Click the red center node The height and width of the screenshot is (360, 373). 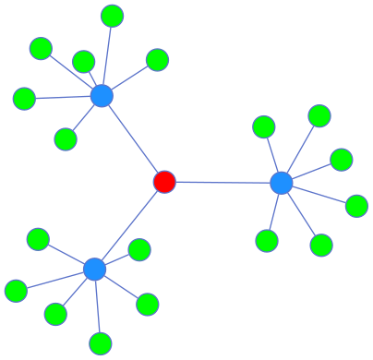click(x=164, y=181)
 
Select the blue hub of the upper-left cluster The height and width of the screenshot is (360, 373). click(x=102, y=95)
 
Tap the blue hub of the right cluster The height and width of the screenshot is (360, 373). click(x=282, y=183)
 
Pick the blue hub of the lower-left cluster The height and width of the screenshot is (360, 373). click(x=94, y=269)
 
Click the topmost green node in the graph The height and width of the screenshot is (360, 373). click(x=112, y=16)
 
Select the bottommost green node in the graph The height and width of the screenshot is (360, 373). click(x=101, y=344)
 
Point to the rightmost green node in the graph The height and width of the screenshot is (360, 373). click(x=356, y=206)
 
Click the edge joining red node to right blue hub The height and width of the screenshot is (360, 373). click(x=223, y=182)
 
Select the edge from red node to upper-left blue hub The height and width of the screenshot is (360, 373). click(x=133, y=138)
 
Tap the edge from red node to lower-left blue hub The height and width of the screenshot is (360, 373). click(x=129, y=225)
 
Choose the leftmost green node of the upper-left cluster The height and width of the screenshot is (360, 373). click(x=24, y=98)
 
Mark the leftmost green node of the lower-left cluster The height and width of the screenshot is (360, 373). click(x=16, y=291)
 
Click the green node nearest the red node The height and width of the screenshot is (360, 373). click(x=139, y=250)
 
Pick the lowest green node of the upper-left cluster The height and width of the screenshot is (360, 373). click(x=66, y=139)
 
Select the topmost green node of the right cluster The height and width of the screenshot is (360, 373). click(x=319, y=115)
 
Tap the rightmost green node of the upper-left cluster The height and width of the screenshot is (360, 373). click(x=157, y=60)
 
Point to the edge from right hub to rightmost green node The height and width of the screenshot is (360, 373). click(x=319, y=195)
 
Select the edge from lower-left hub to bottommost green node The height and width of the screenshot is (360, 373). click(x=97, y=306)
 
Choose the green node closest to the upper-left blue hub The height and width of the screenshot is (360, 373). click(x=84, y=62)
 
